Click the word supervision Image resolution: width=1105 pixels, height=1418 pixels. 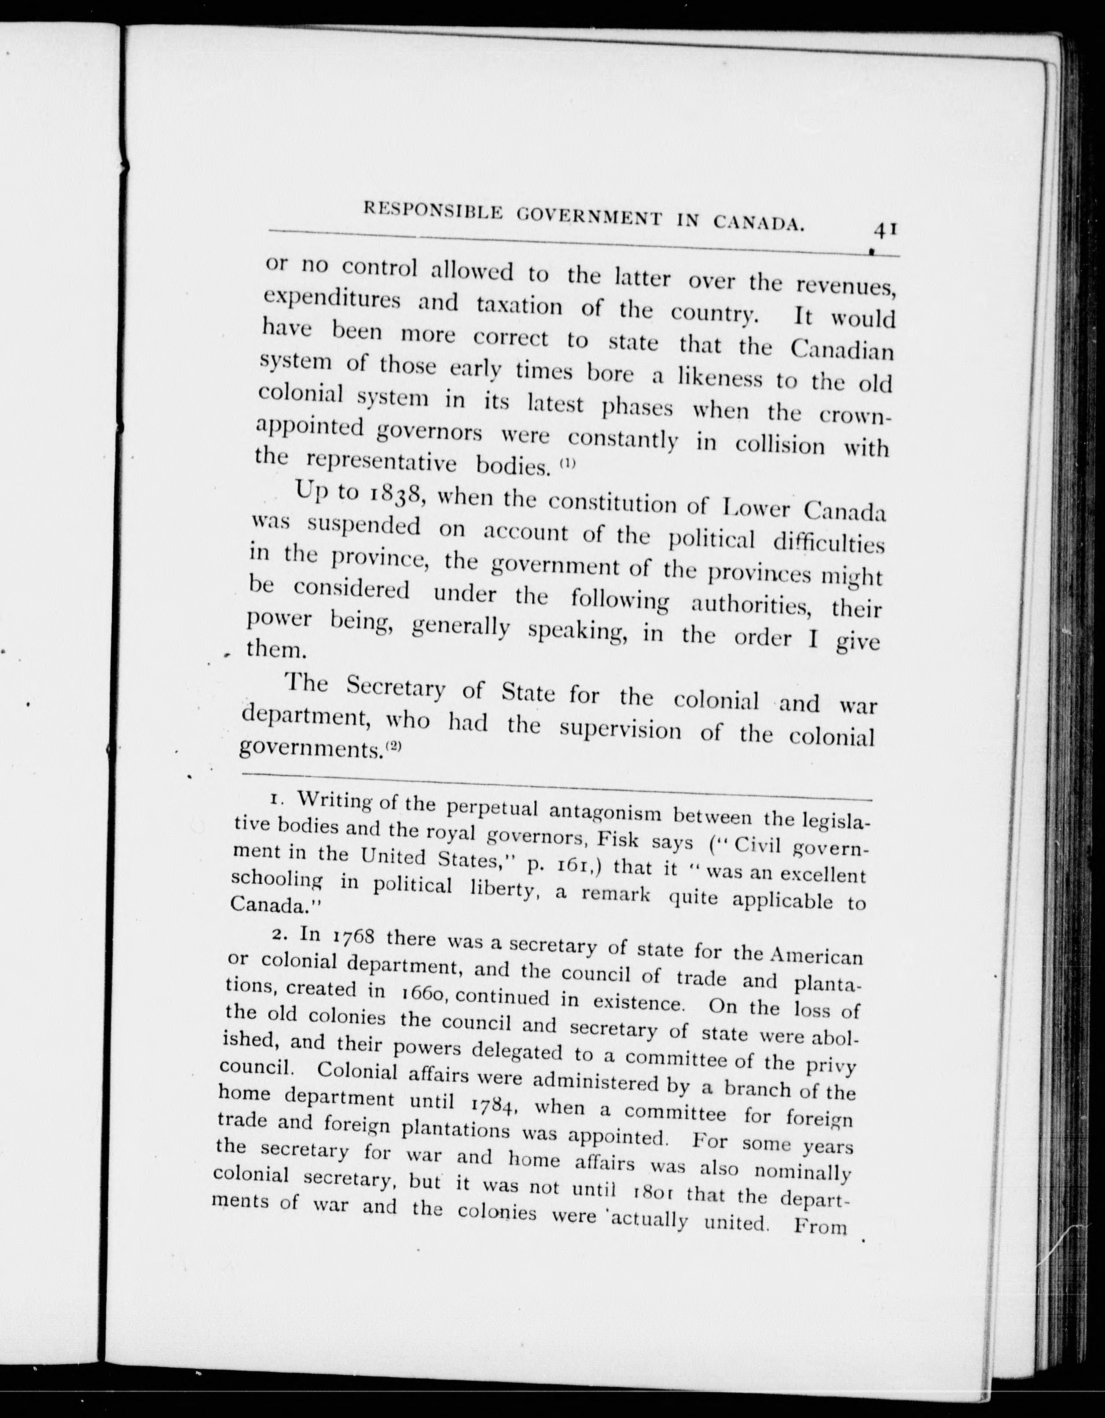tap(620, 729)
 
